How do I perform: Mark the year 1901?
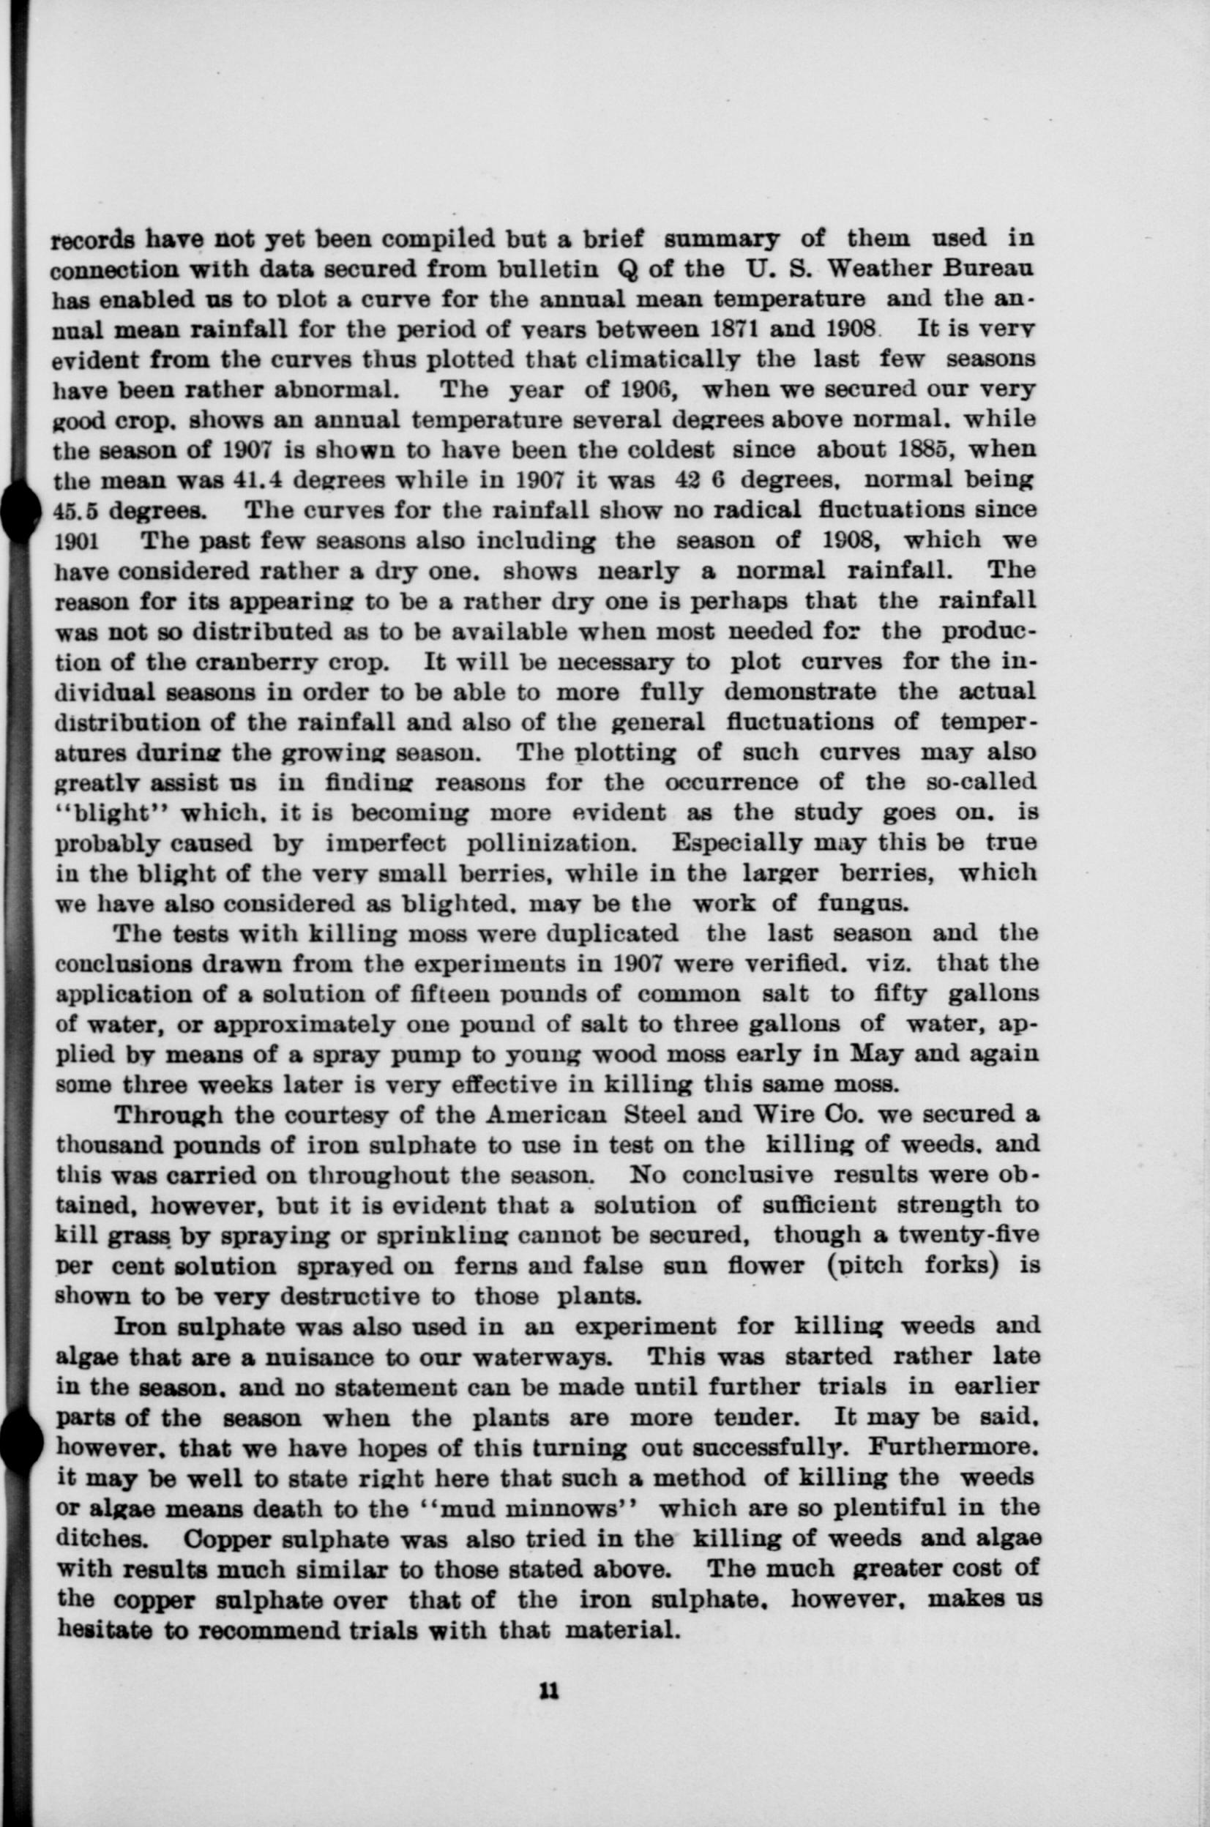click(75, 541)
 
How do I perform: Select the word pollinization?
click(552, 842)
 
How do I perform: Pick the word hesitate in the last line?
click(104, 1628)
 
